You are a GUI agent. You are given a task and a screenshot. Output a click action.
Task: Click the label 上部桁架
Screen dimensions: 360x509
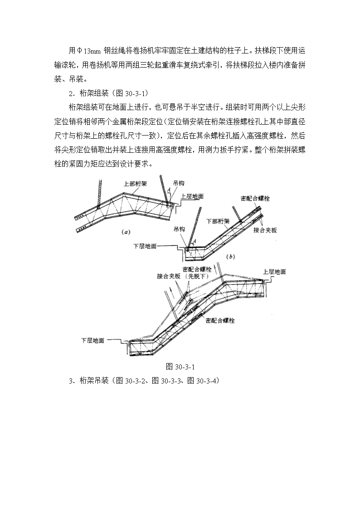(136, 184)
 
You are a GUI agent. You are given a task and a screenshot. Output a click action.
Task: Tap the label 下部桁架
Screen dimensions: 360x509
(218, 221)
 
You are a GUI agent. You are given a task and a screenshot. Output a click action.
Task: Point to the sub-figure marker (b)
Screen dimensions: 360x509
(230, 257)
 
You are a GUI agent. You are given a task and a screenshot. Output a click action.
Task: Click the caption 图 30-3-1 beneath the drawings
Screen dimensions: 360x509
(180, 367)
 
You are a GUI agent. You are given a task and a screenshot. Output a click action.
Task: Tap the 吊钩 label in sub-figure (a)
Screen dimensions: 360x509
(179, 184)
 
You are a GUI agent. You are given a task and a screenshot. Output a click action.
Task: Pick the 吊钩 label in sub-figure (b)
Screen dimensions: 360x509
(179, 229)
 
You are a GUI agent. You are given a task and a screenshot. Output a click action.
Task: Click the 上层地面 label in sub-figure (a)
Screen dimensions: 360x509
(192, 196)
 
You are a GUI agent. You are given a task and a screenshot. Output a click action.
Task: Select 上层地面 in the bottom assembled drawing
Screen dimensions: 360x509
(274, 271)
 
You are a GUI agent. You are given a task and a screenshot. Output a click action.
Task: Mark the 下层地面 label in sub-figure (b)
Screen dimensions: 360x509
(145, 246)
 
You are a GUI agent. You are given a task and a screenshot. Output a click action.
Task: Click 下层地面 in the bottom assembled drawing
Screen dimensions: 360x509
(92, 340)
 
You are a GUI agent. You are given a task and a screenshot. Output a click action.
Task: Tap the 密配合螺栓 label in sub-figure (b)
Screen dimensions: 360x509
(255, 198)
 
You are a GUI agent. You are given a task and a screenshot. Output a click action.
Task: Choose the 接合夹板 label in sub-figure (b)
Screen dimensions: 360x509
(265, 230)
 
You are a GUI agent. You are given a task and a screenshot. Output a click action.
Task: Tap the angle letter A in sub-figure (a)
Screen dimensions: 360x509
(169, 189)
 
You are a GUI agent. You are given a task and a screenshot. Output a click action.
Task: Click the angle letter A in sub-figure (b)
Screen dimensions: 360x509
(195, 241)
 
